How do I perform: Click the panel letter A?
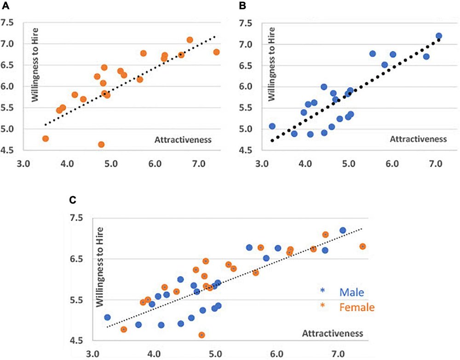point(6,7)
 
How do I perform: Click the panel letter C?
point(73,201)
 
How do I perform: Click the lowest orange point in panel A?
point(101,145)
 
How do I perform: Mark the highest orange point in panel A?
point(190,40)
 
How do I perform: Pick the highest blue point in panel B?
point(438,36)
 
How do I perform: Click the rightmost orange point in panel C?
point(362,246)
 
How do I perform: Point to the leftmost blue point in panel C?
point(107,317)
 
